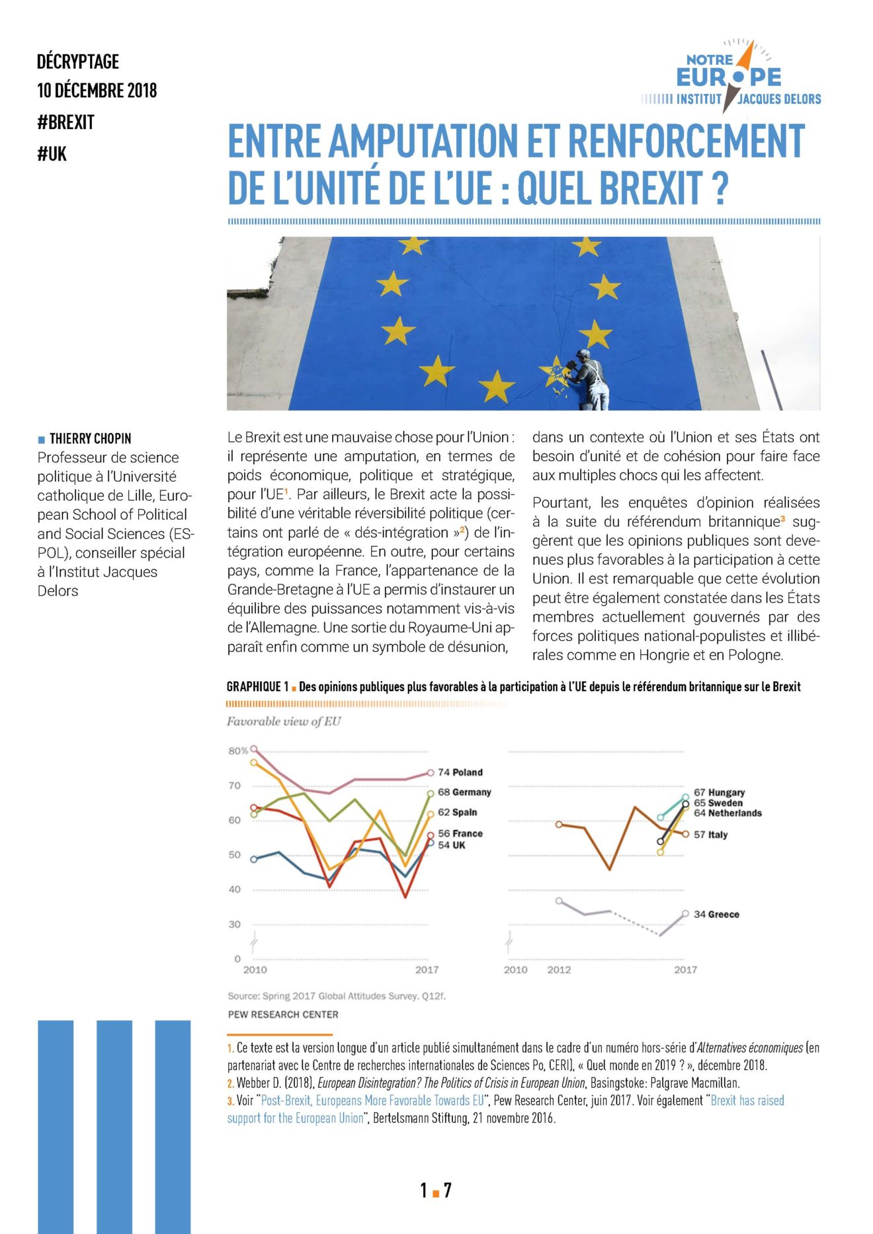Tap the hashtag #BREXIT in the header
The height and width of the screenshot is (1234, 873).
[x=65, y=122]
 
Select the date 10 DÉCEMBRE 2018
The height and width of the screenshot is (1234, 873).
[x=97, y=91]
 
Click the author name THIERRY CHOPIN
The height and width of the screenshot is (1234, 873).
[x=90, y=438]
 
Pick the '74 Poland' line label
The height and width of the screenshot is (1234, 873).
[x=460, y=772]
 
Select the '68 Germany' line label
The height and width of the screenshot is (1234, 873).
[x=464, y=792]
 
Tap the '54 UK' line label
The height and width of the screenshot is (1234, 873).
[x=452, y=845]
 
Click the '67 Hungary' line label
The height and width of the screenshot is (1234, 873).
[x=720, y=792]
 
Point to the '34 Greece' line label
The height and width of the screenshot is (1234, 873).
[x=716, y=915]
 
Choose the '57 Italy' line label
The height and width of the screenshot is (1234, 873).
[x=711, y=835]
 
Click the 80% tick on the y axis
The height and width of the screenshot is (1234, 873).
[x=237, y=751]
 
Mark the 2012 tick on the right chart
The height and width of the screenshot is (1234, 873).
[x=559, y=969]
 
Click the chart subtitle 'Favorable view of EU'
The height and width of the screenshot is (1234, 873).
[x=284, y=721]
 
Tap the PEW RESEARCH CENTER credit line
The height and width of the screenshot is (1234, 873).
[x=283, y=1014]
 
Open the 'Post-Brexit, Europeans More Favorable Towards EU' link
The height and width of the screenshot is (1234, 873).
[x=372, y=1100]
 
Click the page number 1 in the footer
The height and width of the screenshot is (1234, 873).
[x=423, y=1190]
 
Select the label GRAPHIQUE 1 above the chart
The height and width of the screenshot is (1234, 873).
[x=257, y=687]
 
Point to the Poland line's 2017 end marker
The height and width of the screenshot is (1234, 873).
[x=431, y=772]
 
